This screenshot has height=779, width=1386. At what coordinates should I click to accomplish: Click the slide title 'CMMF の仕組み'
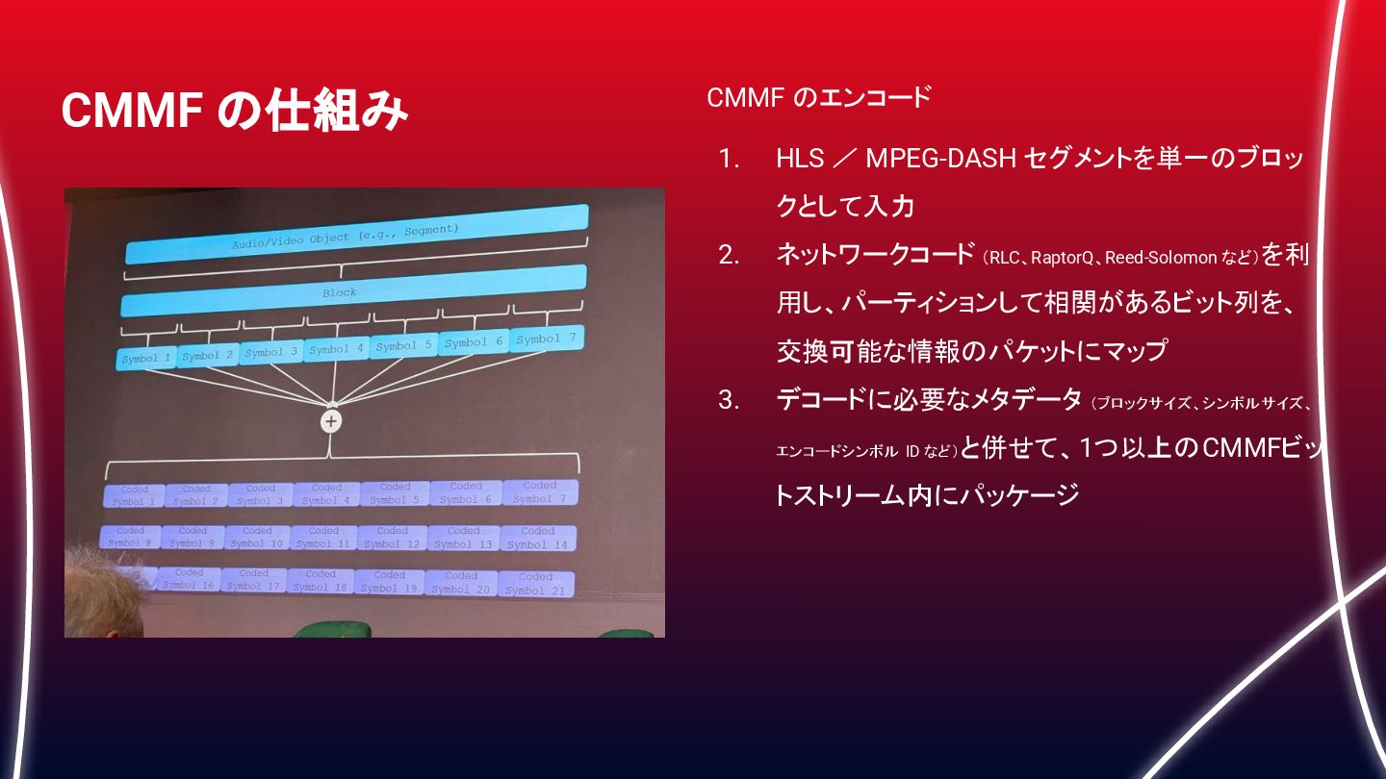pos(234,111)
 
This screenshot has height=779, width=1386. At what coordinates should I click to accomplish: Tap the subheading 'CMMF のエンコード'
pos(818,97)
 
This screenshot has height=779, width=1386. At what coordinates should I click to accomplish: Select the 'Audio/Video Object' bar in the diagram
pos(356,234)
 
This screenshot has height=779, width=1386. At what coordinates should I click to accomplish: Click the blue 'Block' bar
pos(352,291)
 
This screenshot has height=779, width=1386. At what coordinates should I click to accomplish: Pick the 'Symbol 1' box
pos(146,359)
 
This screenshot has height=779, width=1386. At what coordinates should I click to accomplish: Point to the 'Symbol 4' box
pos(336,349)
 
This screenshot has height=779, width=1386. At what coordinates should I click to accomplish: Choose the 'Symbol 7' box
pos(546,339)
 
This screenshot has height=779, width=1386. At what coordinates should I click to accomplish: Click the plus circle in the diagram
pos(331,421)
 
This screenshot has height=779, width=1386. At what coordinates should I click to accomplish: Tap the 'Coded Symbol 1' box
pos(134,495)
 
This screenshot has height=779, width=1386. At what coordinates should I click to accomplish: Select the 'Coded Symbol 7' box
pos(539,491)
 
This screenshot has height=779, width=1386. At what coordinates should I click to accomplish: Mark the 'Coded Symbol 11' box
pos(323,537)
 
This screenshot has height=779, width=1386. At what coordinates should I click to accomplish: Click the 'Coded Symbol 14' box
pos(537,538)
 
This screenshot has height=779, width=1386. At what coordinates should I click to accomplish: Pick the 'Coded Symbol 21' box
pos(535,584)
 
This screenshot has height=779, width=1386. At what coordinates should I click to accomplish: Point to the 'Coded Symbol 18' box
pos(320,581)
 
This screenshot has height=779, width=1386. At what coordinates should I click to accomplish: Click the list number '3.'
pos(729,399)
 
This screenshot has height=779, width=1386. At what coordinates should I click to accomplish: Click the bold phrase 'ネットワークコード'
pos(875,255)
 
